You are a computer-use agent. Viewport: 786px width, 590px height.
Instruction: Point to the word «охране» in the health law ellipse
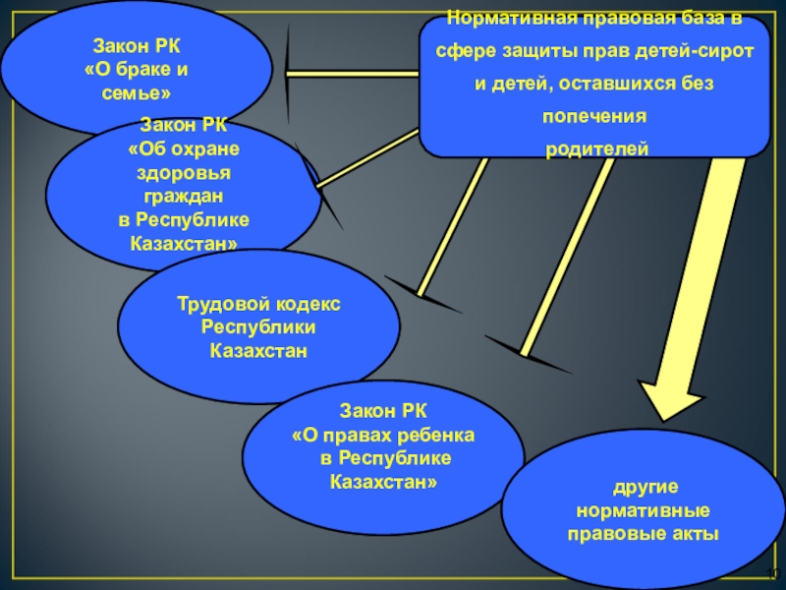coord(205,148)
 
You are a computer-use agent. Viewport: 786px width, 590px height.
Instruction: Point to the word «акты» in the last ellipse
coord(694,534)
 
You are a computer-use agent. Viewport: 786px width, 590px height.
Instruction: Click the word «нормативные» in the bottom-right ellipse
coord(644,511)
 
